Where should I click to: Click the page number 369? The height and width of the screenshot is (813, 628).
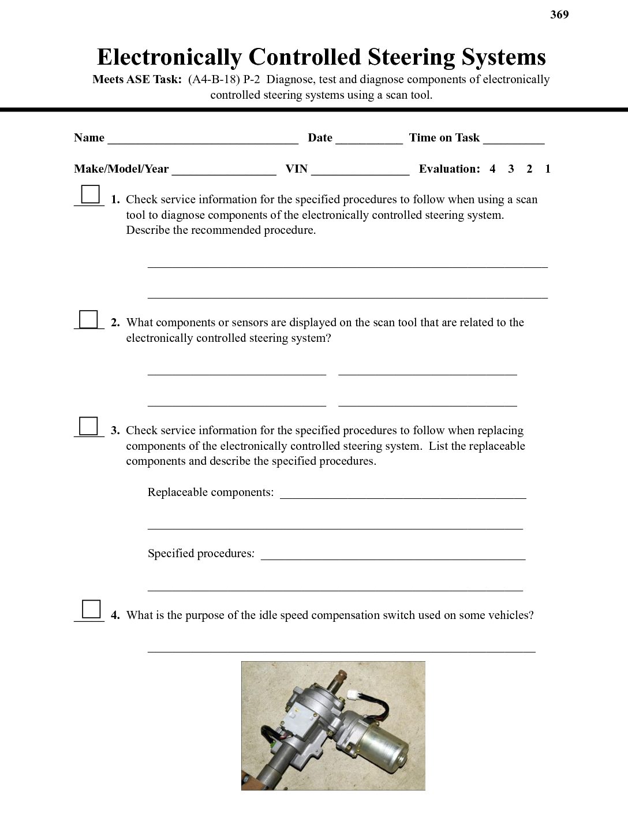pyautogui.click(x=559, y=15)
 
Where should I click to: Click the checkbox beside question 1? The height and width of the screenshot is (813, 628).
pyautogui.click(x=90, y=194)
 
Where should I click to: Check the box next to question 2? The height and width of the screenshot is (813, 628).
pyautogui.click(x=88, y=319)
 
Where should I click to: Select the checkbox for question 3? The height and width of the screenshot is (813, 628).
pyautogui.click(x=88, y=426)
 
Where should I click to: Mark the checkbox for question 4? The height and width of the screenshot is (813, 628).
pyautogui.click(x=91, y=609)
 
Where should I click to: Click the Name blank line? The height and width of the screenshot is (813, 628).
pyautogui.click(x=203, y=140)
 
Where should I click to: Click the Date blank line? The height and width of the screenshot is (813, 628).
pyautogui.click(x=369, y=140)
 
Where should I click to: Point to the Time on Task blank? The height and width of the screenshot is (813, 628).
pyautogui.click(x=514, y=140)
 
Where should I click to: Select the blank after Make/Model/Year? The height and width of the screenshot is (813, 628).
pyautogui.click(x=224, y=171)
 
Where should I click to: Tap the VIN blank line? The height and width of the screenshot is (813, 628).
pyautogui.click(x=360, y=171)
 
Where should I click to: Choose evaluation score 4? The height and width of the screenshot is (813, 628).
pyautogui.click(x=492, y=169)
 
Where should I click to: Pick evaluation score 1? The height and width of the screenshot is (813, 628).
pyautogui.click(x=548, y=169)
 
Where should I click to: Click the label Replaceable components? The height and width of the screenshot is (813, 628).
pyautogui.click(x=211, y=493)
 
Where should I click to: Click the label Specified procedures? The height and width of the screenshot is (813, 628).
pyautogui.click(x=201, y=554)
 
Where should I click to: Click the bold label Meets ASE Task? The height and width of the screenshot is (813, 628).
pyautogui.click(x=137, y=80)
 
